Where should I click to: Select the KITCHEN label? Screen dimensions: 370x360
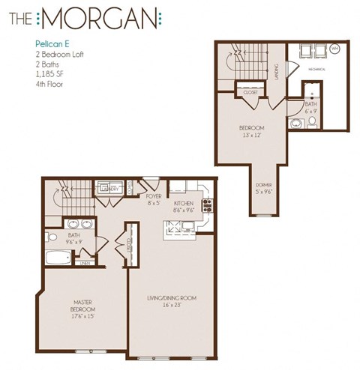184,204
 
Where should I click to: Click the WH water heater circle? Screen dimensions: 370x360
334,49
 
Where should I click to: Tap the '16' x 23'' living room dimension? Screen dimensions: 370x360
171,306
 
